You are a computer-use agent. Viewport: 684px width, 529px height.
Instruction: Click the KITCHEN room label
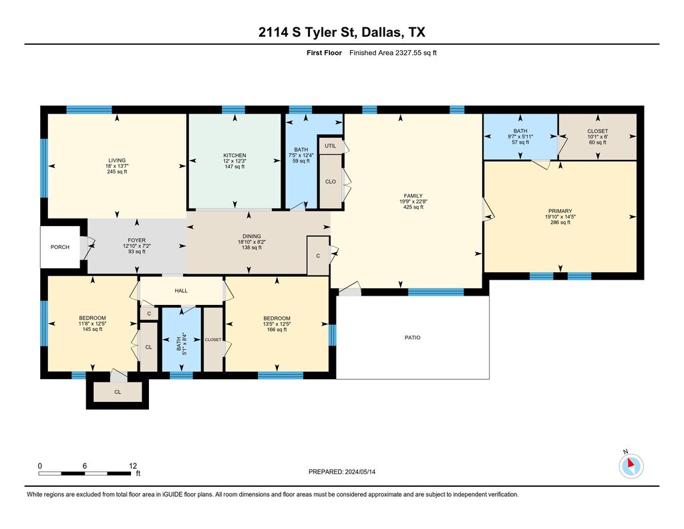[x=234, y=156]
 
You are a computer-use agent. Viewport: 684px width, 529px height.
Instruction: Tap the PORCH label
[x=59, y=247]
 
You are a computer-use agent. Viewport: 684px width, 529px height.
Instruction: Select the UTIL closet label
[x=330, y=146]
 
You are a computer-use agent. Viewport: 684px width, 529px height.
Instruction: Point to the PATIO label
[x=412, y=338]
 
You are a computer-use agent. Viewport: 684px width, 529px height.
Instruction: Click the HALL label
[x=181, y=291]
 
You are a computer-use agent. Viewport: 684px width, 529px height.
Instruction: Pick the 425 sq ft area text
[x=413, y=207]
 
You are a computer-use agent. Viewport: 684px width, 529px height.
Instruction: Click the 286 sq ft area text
[x=560, y=222]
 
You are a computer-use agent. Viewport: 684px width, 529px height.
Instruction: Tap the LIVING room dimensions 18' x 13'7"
[x=117, y=166]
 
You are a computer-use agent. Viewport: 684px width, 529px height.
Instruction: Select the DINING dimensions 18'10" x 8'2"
[x=252, y=242]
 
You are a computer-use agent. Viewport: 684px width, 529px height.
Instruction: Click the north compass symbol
[x=631, y=465]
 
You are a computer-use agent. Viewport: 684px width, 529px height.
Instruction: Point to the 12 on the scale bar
[x=133, y=466]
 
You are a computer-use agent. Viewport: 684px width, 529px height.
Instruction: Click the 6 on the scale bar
[x=85, y=466]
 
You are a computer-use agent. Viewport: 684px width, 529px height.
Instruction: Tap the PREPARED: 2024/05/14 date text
[x=341, y=471]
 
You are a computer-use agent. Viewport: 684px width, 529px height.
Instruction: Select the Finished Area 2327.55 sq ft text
[x=393, y=53]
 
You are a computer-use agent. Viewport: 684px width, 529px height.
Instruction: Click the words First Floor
[x=324, y=53]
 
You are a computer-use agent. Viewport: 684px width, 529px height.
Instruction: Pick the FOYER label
[x=137, y=240]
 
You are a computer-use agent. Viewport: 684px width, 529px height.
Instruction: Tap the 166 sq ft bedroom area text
[x=277, y=330]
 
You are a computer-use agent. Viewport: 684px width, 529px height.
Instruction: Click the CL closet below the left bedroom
[x=118, y=393]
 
